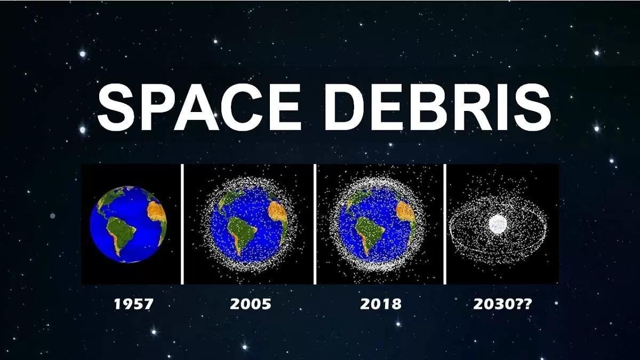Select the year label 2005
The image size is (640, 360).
tap(250, 305)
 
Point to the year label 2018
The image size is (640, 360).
tap(380, 305)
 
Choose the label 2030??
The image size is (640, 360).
tap(502, 305)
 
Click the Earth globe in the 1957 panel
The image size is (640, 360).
tap(128, 224)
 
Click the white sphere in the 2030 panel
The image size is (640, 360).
tap(498, 224)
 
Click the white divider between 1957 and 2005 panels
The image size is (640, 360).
tap(182, 224)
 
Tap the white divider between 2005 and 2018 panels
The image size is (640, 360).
tap(315, 224)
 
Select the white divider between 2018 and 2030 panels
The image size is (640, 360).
tap(444, 224)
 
